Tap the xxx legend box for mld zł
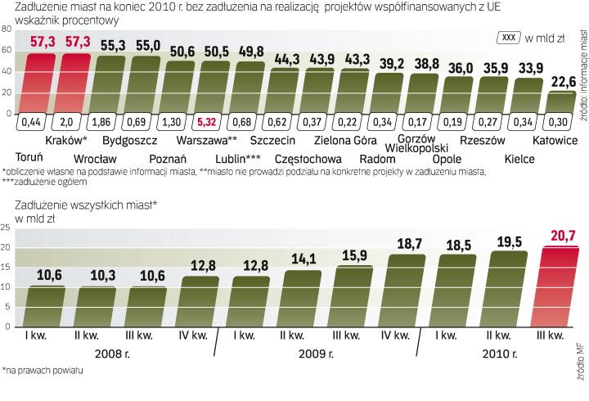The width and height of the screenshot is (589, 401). coord(508,37)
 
